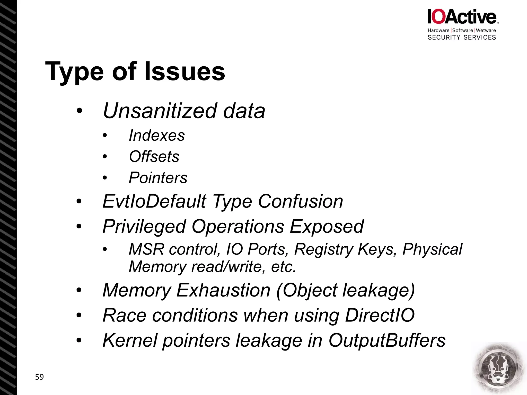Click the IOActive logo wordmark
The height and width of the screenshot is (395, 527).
click(x=462, y=17)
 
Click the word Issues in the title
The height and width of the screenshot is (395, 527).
click(x=185, y=71)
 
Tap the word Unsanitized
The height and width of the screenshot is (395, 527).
click(x=160, y=111)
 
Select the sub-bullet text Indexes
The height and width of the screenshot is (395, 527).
click(x=157, y=135)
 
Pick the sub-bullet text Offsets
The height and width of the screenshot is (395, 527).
click(x=154, y=156)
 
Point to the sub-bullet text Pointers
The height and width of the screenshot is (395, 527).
click(x=158, y=178)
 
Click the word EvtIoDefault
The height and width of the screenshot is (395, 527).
click(x=154, y=201)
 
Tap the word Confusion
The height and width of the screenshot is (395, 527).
click(x=300, y=201)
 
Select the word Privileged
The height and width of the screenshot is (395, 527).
click(x=144, y=227)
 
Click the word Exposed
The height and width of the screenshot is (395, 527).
click(x=327, y=227)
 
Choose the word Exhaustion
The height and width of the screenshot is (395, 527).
click(x=223, y=290)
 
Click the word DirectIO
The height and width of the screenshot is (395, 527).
click(x=380, y=315)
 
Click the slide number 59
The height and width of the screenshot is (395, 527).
click(x=39, y=377)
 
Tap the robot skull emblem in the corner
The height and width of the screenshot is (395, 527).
click(x=499, y=369)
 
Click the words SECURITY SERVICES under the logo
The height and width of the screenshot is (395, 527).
click(x=462, y=38)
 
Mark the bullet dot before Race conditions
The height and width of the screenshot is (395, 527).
click(x=79, y=315)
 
